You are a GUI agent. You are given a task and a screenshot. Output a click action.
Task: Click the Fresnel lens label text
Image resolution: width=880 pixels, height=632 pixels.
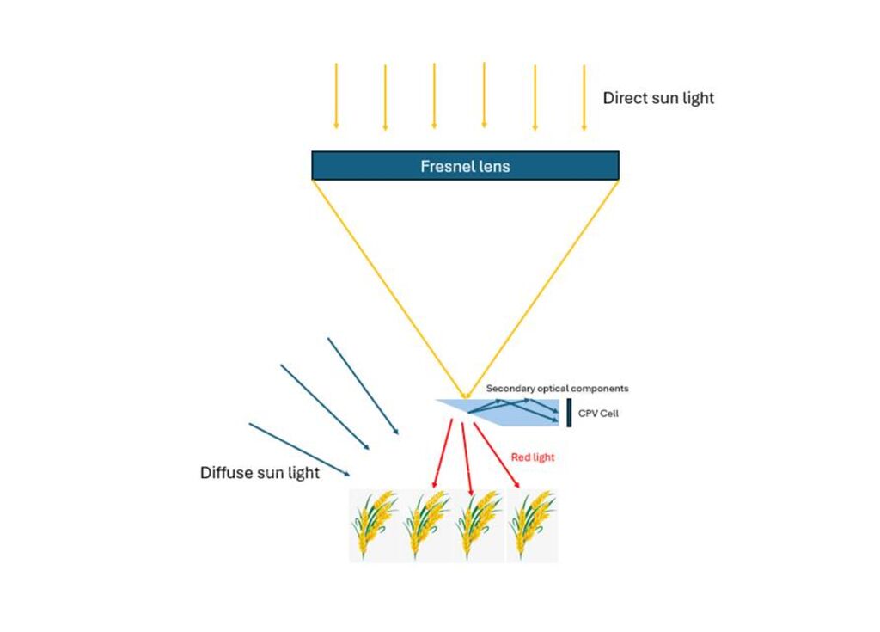click(465, 167)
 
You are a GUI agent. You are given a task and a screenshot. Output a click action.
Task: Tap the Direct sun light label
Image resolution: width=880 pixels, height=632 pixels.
click(658, 98)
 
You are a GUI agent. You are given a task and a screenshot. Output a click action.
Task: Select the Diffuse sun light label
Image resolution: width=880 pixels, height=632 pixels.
click(260, 473)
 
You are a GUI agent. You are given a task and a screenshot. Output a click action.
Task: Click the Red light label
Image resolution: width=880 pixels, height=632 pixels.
click(533, 457)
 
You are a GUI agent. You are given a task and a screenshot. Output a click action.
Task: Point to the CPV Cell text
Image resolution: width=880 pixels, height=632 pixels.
click(598, 414)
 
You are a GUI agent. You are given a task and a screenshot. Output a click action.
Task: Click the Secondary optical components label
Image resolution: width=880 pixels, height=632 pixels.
click(557, 389)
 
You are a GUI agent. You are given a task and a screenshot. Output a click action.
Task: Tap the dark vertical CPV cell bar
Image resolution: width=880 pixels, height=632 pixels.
click(569, 413)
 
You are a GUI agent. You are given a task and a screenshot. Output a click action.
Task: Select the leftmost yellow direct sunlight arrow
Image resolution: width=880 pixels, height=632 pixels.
click(336, 95)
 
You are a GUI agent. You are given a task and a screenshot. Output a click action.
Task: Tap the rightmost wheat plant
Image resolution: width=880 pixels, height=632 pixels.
click(530, 525)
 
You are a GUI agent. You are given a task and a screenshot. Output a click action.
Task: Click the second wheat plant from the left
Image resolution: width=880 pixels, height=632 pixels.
click(426, 525)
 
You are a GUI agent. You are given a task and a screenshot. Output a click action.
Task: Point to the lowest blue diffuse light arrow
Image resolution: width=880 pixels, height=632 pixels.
click(299, 449)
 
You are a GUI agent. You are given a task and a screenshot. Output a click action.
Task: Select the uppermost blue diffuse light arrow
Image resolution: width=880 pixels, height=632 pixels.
click(362, 385)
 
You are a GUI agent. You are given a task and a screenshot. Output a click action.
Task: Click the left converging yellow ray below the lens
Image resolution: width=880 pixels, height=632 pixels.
click(388, 284)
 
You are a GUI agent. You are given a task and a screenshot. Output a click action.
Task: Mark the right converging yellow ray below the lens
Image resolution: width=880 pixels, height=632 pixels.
click(543, 284)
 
